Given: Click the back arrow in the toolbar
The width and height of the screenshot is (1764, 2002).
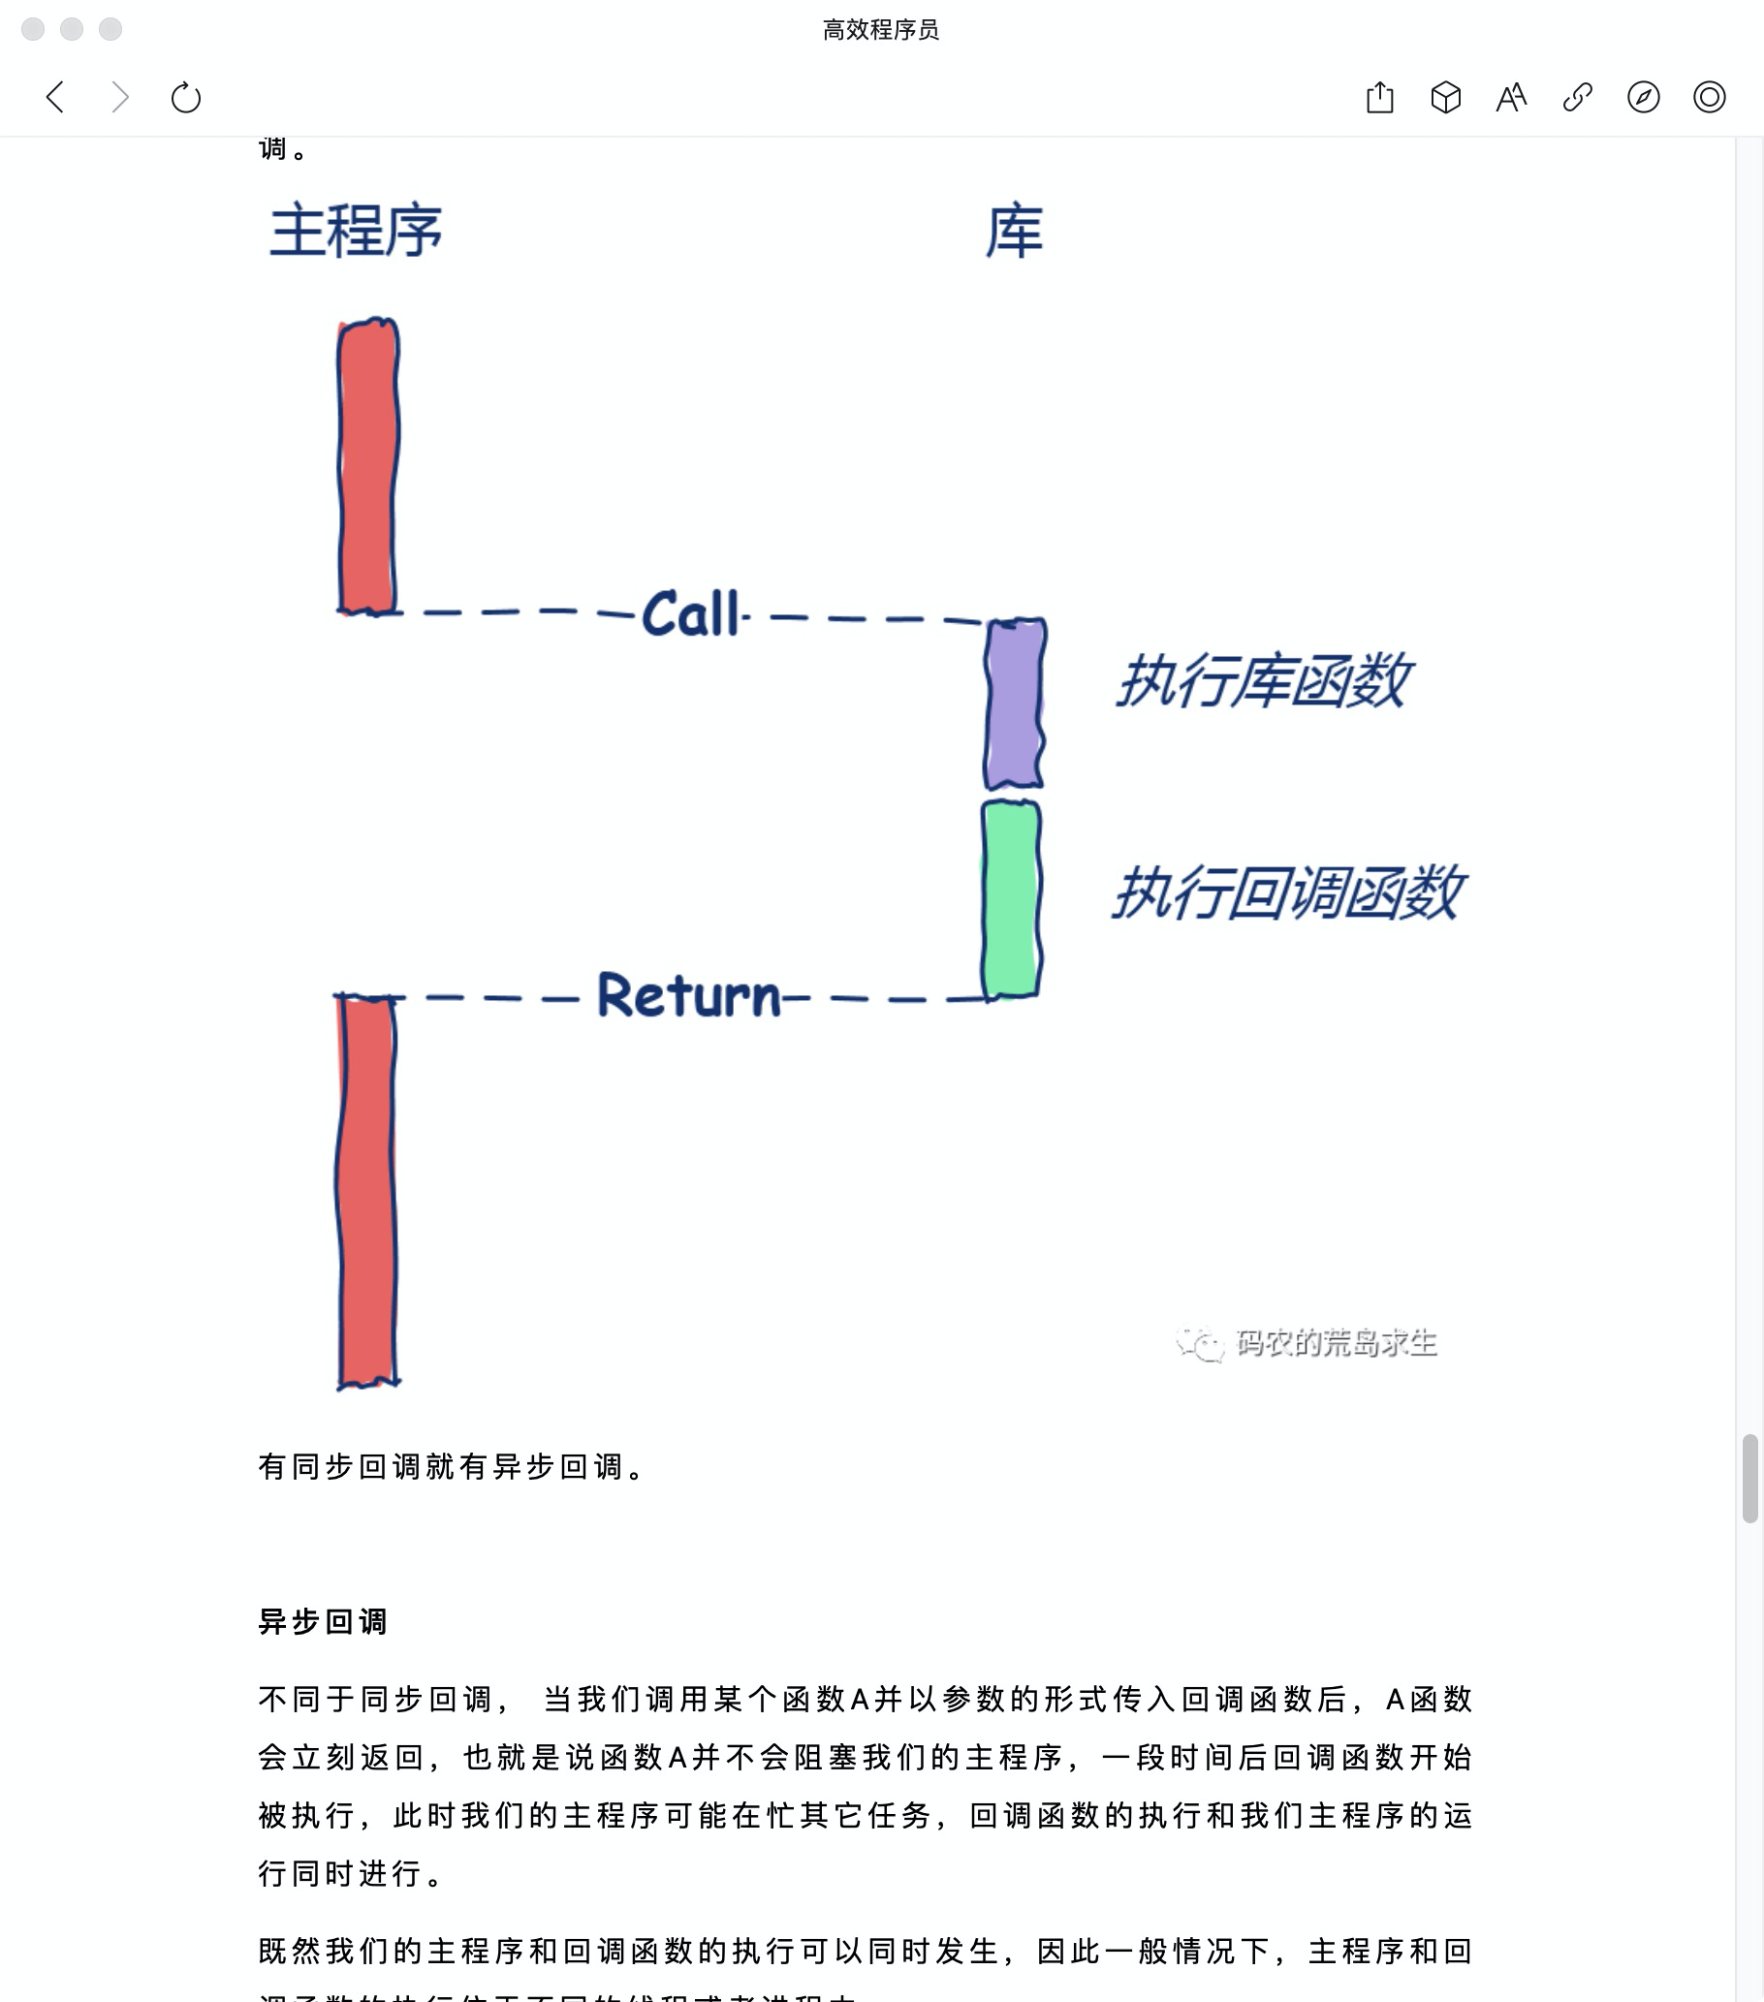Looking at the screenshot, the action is (56, 97).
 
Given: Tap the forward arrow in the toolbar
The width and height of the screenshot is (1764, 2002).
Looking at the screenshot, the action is (120, 97).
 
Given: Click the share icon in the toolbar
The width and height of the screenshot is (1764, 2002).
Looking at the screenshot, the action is (1379, 97).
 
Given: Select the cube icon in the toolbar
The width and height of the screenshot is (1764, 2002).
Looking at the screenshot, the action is (1446, 97).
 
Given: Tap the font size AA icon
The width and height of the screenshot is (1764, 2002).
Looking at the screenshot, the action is (1511, 97).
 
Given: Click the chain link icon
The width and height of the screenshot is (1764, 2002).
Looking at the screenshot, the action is (1577, 97).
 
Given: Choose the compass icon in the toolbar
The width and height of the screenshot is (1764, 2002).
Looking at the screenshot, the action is (1644, 97).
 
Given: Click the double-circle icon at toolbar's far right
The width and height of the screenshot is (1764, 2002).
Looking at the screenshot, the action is (1709, 97).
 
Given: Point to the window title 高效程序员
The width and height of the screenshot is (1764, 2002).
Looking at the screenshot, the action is (880, 29).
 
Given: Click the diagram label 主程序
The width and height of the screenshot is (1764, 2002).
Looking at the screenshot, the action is (356, 232).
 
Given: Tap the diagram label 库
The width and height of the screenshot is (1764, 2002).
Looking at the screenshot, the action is (1015, 232).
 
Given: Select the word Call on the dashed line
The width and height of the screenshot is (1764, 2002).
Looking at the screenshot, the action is (690, 614).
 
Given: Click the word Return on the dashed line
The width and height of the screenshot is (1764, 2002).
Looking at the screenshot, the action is (688, 995).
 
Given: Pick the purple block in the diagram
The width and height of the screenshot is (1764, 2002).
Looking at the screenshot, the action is (1014, 704).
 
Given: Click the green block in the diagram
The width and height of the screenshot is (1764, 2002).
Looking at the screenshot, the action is (1011, 899).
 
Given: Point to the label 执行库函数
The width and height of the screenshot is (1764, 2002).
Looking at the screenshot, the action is (1263, 680).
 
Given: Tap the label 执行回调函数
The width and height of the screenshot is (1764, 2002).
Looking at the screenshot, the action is (1287, 892).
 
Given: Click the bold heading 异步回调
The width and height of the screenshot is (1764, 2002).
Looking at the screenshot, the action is (323, 1622).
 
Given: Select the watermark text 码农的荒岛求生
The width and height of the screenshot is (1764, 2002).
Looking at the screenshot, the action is (1335, 1342).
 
